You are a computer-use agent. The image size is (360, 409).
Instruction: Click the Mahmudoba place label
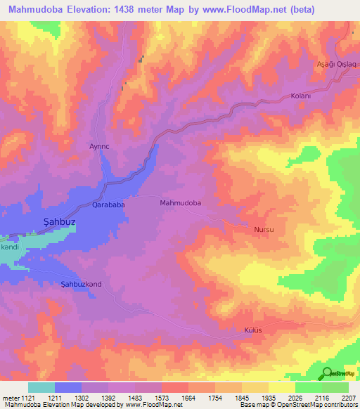click(181, 202)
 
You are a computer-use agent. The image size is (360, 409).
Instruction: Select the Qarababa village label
click(109, 205)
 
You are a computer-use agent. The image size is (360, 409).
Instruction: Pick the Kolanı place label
click(300, 96)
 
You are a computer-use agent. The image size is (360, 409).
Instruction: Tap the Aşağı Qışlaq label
click(337, 64)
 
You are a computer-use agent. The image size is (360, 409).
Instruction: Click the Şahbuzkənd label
click(82, 284)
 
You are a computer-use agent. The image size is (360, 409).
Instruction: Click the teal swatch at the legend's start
click(41, 387)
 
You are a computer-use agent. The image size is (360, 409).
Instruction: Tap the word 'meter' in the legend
click(10, 398)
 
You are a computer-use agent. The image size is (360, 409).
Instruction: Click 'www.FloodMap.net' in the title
click(233, 9)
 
